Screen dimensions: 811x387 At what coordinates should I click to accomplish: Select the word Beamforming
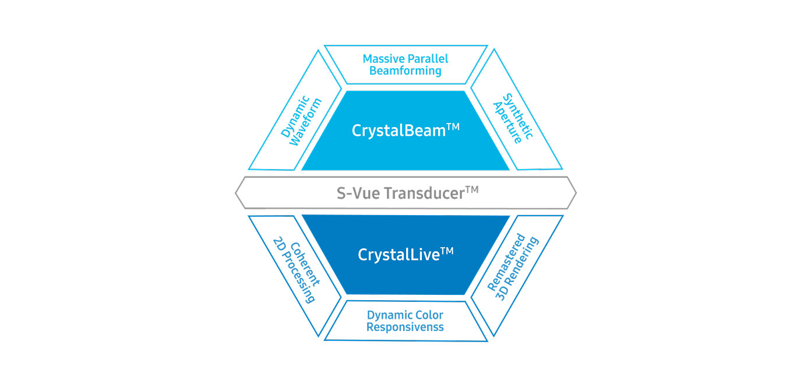[405, 71]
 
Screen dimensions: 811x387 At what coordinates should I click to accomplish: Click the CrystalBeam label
[399, 131]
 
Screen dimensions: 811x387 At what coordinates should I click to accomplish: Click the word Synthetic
[518, 116]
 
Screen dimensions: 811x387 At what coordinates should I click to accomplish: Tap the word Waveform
[305, 122]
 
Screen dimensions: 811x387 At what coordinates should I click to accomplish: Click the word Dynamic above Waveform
[295, 117]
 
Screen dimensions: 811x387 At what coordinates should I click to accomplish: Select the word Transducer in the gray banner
[424, 193]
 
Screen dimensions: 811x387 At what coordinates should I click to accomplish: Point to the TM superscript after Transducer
[472, 190]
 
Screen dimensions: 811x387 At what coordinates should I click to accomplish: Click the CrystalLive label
[399, 255]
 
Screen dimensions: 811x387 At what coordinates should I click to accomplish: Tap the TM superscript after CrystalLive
[447, 251]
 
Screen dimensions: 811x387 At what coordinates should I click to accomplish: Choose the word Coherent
[305, 264]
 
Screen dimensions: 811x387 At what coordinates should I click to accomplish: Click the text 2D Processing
[294, 270]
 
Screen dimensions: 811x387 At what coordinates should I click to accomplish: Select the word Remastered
[506, 262]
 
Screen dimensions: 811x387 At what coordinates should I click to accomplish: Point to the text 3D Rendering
[517, 269]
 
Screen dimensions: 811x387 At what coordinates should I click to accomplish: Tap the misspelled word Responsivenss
[405, 328]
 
